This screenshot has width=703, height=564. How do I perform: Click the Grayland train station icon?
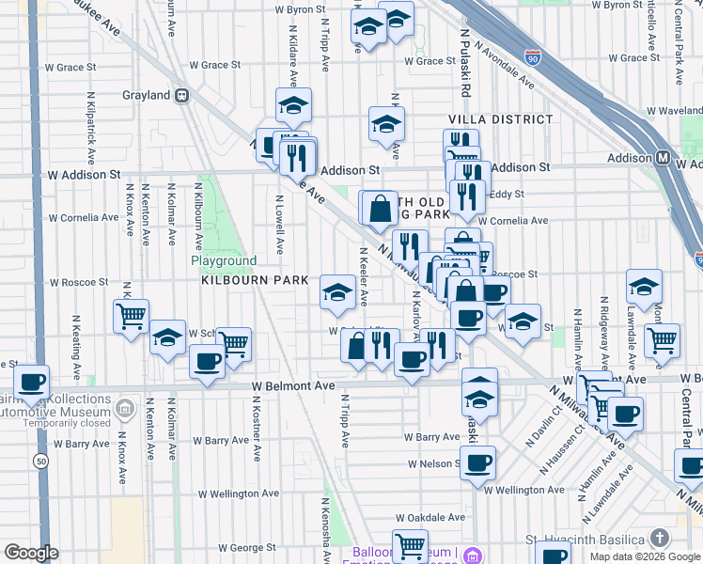pyautogui.click(x=182, y=95)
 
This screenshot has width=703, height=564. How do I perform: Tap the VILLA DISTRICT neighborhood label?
pyautogui.click(x=501, y=119)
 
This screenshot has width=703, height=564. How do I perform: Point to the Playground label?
pyautogui.click(x=224, y=260)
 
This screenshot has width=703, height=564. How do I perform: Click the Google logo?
pyautogui.click(x=31, y=553)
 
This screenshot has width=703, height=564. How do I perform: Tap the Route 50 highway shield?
pyautogui.click(x=39, y=461)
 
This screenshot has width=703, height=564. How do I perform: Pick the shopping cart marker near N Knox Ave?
pyautogui.click(x=131, y=315)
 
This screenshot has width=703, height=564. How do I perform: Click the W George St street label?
pyautogui.click(x=233, y=547)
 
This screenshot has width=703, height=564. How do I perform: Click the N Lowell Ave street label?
pyautogui.click(x=279, y=225)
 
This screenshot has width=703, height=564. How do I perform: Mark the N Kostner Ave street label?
pyautogui.click(x=256, y=428)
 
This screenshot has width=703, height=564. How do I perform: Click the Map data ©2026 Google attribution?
pyautogui.click(x=645, y=556)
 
